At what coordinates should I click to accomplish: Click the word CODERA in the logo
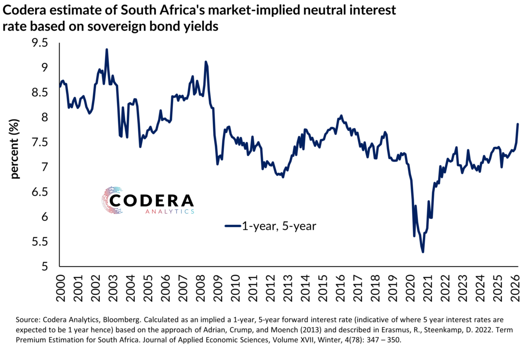[x=152, y=201]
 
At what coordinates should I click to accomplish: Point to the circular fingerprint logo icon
[x=112, y=200]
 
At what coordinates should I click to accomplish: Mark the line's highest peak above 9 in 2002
[x=106, y=49]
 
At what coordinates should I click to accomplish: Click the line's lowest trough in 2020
[x=423, y=252]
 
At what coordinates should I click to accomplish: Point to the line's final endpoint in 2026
[x=518, y=124]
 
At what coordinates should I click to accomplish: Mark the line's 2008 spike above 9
[x=206, y=62]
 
